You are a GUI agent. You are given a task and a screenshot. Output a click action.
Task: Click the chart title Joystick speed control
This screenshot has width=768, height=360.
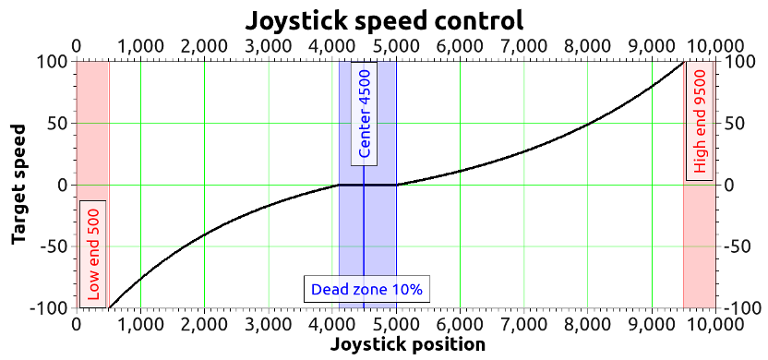[384, 19]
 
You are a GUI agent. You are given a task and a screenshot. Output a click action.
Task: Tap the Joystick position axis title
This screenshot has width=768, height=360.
[407, 345]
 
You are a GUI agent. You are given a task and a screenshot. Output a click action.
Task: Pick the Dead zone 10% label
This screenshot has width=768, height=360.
[366, 289]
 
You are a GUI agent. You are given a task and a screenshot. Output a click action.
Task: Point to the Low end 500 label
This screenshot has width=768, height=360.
[93, 252]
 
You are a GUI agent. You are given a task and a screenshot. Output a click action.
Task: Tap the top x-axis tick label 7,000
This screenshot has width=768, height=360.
[523, 44]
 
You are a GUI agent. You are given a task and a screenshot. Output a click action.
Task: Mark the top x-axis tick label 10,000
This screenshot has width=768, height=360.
[715, 44]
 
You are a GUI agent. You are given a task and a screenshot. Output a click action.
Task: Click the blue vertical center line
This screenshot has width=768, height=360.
[364, 231]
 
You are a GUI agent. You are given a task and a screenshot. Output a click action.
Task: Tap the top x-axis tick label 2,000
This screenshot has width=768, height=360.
[204, 44]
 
